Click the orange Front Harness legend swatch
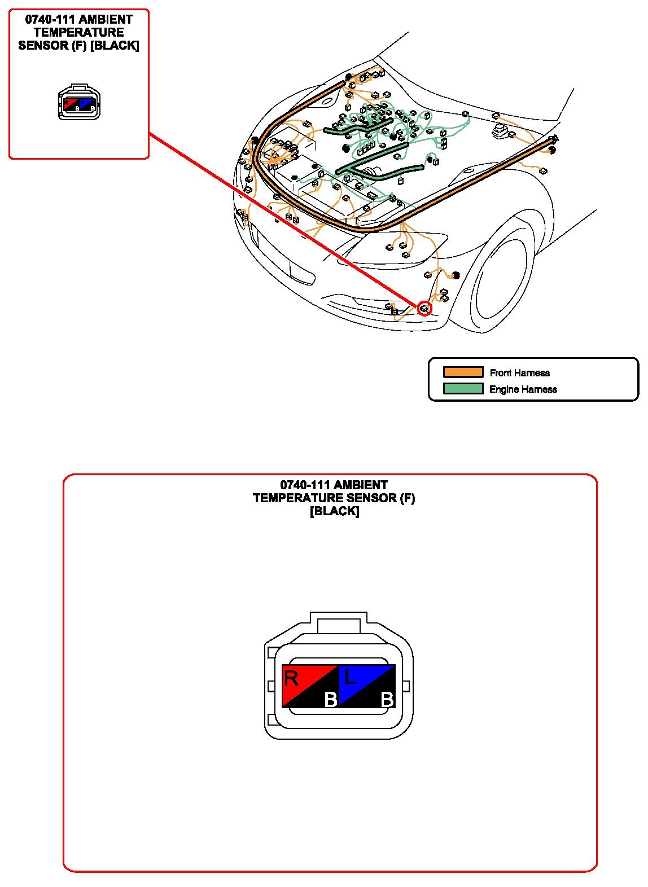point(463,372)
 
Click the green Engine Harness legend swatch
point(463,388)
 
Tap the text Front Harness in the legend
point(519,372)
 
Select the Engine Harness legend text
point(523,389)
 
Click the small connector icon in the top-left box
point(79,102)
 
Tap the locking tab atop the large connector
point(339,622)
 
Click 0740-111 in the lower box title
point(305,485)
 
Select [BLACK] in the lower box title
point(334,511)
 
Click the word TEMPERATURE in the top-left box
point(79,32)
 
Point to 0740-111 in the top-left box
point(50,19)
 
